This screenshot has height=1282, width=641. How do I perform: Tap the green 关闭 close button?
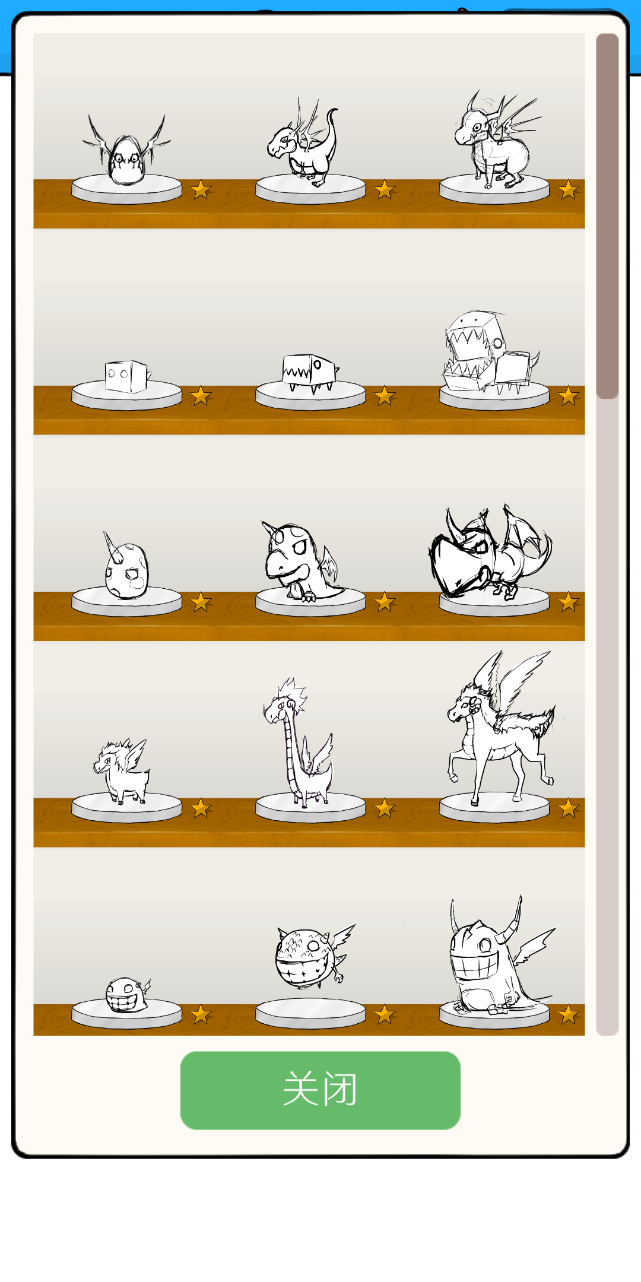click(x=320, y=1090)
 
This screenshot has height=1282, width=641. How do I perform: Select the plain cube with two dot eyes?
click(x=126, y=376)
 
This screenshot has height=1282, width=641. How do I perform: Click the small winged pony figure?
click(x=122, y=772)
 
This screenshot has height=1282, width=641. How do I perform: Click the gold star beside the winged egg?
click(x=201, y=190)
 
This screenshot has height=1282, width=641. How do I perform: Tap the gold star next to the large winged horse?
click(x=569, y=808)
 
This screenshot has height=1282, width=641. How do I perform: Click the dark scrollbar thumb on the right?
click(x=607, y=216)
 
